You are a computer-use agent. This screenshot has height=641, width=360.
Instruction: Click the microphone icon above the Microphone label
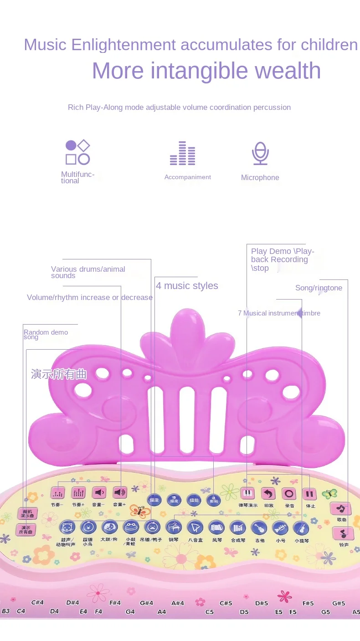(260, 153)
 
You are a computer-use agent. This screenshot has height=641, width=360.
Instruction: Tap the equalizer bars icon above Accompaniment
(182, 153)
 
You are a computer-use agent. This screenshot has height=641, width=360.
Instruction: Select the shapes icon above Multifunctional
(77, 152)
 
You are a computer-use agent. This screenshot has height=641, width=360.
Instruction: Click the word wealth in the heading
(288, 71)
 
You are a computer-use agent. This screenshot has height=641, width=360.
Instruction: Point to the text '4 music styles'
(187, 286)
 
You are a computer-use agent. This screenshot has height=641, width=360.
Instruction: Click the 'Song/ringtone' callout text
(319, 288)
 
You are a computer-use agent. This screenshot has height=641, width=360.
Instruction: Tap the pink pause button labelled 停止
(310, 494)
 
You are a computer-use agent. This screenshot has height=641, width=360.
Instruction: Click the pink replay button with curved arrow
(268, 494)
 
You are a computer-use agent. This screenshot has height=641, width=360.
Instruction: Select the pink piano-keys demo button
(247, 493)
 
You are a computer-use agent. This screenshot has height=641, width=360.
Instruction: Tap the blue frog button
(131, 527)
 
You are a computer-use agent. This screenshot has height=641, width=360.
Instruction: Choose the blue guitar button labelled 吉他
(259, 528)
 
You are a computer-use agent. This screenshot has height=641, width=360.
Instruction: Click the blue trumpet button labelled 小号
(280, 528)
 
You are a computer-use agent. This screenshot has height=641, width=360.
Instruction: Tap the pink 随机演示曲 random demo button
(27, 513)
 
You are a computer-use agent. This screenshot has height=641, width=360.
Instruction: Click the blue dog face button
(109, 527)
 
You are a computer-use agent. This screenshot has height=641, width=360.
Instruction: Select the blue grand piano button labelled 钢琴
(174, 527)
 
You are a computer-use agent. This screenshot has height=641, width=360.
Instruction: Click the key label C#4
(37, 602)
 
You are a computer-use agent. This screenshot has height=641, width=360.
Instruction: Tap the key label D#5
(262, 603)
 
